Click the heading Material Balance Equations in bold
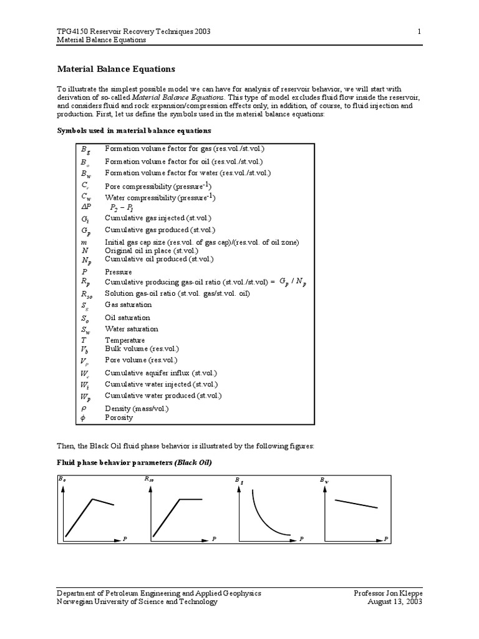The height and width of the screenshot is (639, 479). (116, 69)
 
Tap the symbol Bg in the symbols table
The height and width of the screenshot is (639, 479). (85, 150)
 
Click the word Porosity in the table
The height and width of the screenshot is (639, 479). (119, 417)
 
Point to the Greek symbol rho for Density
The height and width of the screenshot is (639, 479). (84, 408)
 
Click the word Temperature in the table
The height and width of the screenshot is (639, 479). (125, 340)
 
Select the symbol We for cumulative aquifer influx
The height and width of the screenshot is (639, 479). (85, 373)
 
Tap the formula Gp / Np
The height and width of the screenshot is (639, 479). (293, 282)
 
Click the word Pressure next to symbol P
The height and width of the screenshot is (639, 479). (118, 272)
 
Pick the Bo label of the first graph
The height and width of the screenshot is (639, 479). (61, 479)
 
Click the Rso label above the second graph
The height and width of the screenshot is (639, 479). (149, 479)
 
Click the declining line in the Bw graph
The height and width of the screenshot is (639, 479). (356, 504)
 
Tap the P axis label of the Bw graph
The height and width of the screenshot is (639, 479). (386, 538)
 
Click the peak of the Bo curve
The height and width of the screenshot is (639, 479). (93, 499)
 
